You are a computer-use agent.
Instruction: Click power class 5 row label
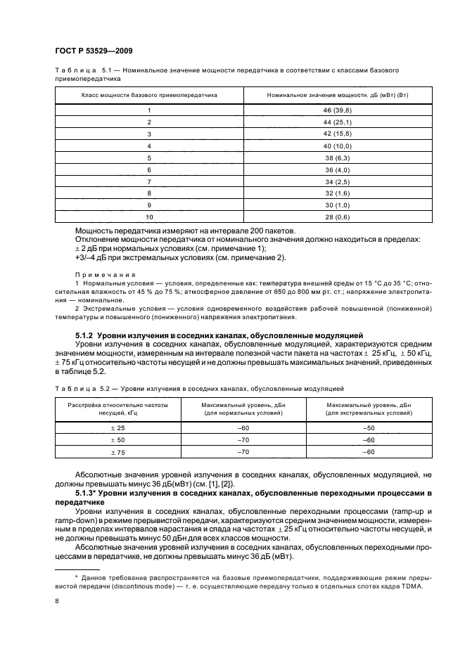coord(149,158)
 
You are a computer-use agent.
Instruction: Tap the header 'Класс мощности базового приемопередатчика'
coord(149,94)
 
